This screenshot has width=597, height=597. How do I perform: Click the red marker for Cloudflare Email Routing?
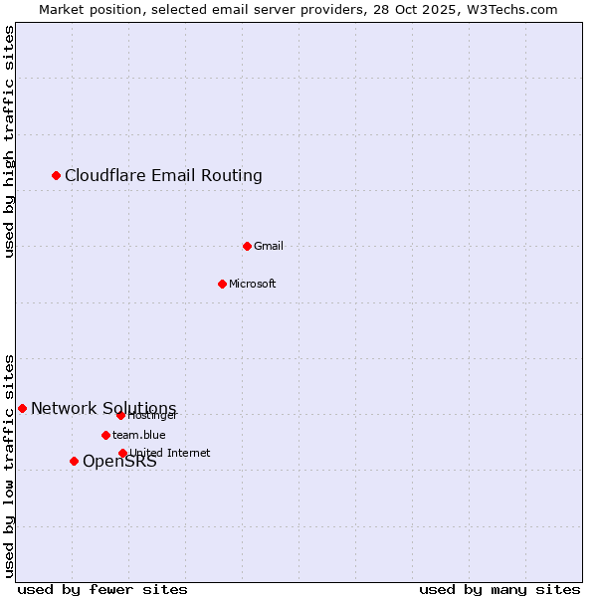tap(57, 176)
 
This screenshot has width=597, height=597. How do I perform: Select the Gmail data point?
tap(248, 246)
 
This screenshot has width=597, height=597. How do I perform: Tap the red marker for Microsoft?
tap(223, 284)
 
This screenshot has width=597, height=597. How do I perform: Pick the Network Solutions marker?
tap(22, 408)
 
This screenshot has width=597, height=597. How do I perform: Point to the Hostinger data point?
tap(120, 415)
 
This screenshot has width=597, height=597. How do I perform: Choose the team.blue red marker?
tap(105, 435)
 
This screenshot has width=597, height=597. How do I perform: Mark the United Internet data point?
tap(122, 453)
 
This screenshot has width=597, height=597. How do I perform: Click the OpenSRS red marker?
tap(74, 461)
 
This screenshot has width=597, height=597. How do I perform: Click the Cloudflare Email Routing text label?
tap(163, 176)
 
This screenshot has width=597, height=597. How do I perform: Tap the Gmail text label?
tap(269, 246)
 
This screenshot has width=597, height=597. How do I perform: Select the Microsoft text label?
tap(252, 284)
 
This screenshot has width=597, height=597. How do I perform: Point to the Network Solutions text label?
tap(103, 408)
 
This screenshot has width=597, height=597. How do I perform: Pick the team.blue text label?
tap(138, 435)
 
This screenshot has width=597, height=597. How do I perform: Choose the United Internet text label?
tap(169, 453)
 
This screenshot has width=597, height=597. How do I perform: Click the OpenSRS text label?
tap(119, 462)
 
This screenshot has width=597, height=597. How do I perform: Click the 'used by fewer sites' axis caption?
tap(102, 589)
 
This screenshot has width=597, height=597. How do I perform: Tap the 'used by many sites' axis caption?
tap(499, 589)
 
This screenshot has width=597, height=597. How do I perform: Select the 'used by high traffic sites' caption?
tap(10, 141)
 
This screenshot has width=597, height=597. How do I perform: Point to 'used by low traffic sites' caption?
tap(10, 466)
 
